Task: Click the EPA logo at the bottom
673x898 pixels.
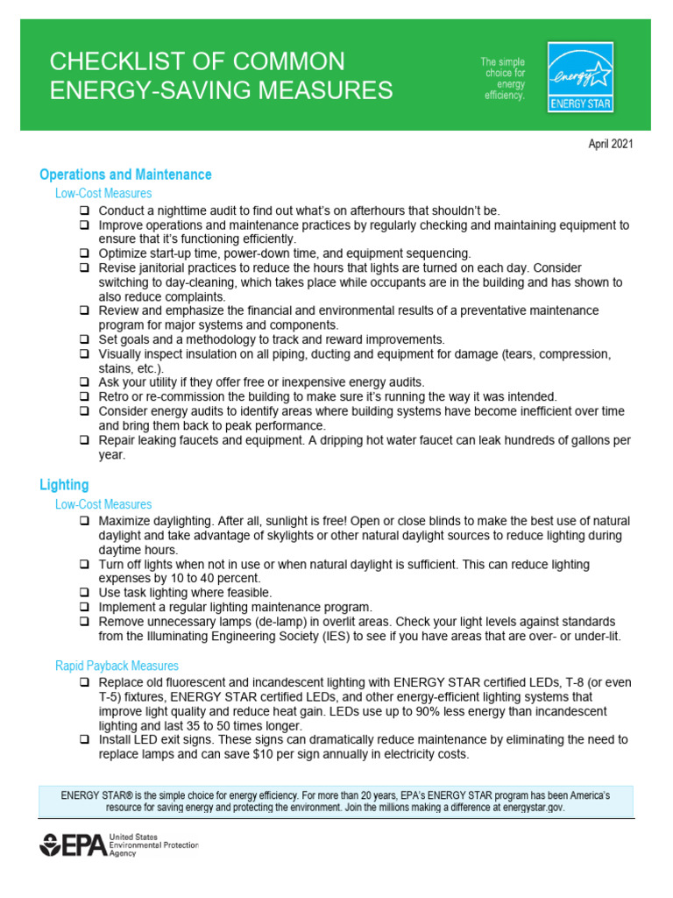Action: click(74, 846)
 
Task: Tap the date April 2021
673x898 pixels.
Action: click(610, 145)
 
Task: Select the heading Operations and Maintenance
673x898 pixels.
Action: click(125, 175)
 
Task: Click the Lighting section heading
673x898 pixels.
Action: click(64, 484)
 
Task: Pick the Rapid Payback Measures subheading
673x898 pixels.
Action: click(117, 666)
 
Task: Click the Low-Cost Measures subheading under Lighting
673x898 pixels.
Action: click(103, 504)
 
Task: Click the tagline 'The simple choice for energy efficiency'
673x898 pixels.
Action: click(503, 79)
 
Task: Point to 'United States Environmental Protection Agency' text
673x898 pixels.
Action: click(153, 845)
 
